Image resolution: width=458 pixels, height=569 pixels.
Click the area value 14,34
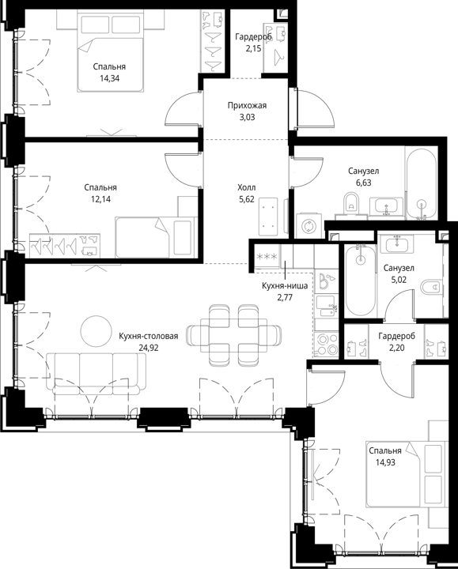[109, 78]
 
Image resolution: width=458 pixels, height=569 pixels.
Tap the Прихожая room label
[247, 106]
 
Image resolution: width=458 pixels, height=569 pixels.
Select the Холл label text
[246, 187]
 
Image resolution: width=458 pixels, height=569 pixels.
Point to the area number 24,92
[149, 348]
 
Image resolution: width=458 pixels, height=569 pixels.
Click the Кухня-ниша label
[285, 286]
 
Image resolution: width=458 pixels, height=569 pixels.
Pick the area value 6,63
[364, 183]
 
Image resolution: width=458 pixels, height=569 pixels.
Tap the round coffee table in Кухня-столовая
[97, 331]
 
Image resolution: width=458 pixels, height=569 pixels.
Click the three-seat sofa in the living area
[97, 374]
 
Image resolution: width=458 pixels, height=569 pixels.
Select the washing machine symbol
[308, 227]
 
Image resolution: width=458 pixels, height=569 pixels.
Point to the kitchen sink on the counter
[326, 307]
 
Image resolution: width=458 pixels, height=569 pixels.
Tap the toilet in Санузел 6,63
[351, 203]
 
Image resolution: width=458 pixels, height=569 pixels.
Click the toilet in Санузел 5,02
[431, 287]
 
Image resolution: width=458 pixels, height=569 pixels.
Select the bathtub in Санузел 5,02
[360, 281]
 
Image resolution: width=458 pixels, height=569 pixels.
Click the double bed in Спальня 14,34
[109, 51]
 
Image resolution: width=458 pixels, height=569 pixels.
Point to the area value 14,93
[385, 462]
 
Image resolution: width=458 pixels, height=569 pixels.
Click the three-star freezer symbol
[267, 257]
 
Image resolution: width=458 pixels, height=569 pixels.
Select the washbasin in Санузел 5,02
[399, 243]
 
